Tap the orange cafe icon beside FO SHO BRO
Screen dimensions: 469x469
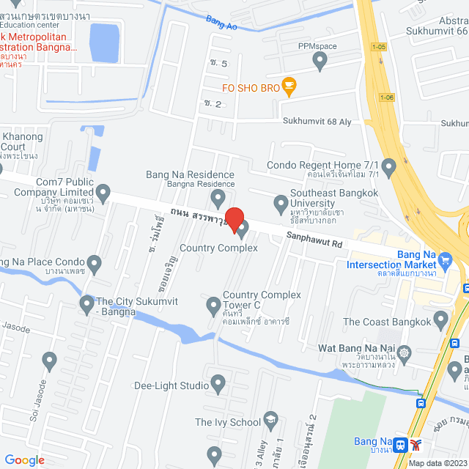(x=289, y=86)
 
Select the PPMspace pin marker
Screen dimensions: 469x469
(x=320, y=62)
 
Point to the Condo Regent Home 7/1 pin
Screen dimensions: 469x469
(x=389, y=168)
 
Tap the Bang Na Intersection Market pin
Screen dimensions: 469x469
(x=444, y=259)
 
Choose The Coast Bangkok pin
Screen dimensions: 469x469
(x=440, y=320)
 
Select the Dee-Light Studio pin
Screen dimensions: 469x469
(x=218, y=383)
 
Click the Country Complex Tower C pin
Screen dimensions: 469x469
(x=213, y=304)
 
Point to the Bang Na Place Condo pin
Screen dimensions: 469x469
(x=94, y=263)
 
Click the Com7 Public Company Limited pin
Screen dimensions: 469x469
(x=103, y=193)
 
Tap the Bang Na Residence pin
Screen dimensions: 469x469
(x=218, y=198)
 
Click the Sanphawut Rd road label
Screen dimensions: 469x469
(x=314, y=238)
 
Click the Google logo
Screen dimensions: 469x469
(x=25, y=459)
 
